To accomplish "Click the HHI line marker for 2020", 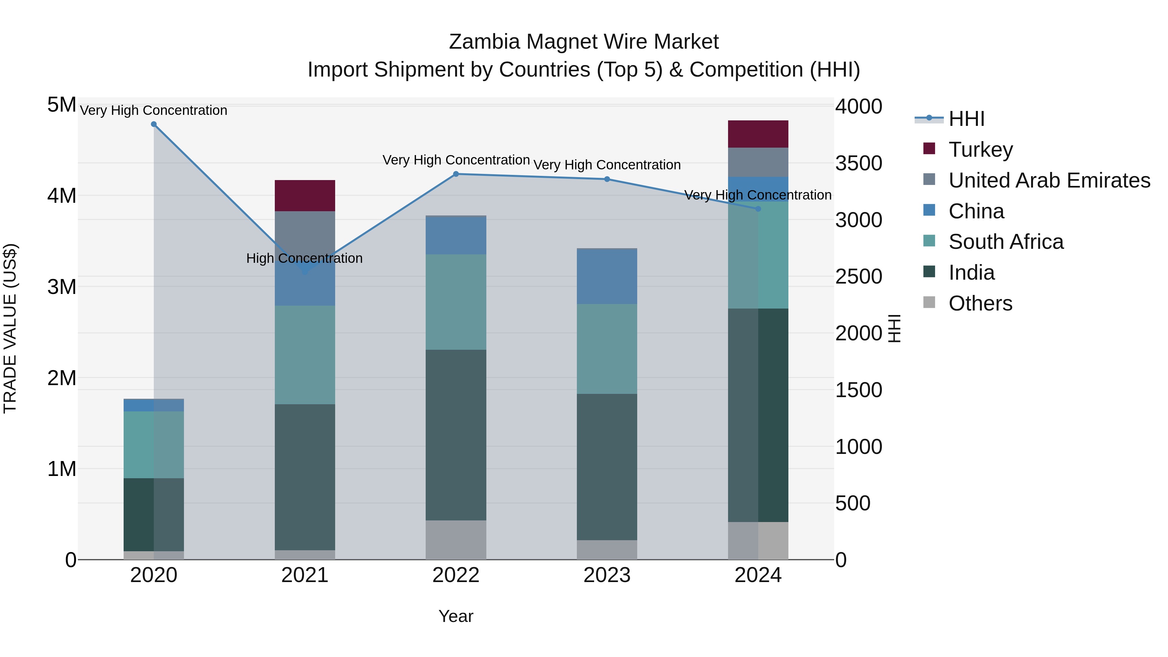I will pos(154,124).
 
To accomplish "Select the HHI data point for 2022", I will pos(456,174).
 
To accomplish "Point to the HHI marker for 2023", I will pos(607,179).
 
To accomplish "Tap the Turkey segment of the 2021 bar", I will pos(305,195).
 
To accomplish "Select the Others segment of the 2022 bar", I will pos(456,540).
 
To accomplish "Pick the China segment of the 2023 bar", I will pos(607,276).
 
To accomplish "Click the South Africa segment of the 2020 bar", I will pos(154,444).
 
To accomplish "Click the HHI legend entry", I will pos(966,119).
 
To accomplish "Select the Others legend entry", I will pos(980,303).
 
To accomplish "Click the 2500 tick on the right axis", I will pos(858,276).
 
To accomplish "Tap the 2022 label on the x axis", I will pos(456,575).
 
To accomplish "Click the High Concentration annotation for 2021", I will pos(304,259).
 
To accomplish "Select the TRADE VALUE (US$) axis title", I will pos(10,328).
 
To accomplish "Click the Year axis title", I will pos(456,616).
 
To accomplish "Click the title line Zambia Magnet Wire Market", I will pos(584,42).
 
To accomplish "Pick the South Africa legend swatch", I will pos(929,242).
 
